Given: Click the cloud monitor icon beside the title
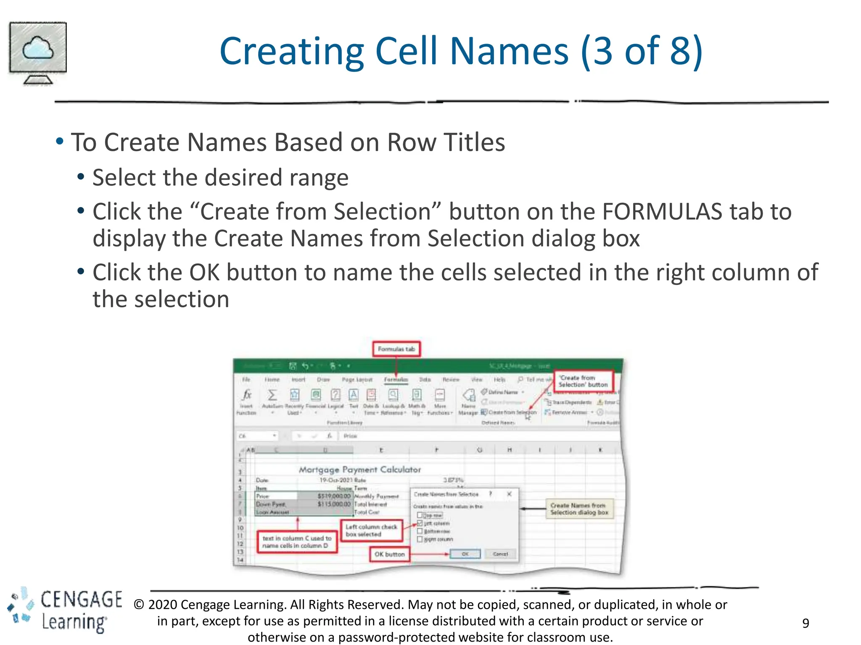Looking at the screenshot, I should point(38,52).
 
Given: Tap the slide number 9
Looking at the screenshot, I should point(806,623).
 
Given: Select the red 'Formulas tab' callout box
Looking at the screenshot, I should point(396,349).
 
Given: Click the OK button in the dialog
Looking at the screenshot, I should point(465,554).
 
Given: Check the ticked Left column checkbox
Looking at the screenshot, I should point(420,523).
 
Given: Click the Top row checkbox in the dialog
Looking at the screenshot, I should point(420,515).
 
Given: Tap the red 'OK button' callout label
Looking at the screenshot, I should point(390,554).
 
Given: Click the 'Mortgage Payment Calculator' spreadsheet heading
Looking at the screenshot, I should point(359,469).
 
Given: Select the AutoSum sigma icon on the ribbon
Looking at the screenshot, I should point(272,395).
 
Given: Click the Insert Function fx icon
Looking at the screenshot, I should point(247,395).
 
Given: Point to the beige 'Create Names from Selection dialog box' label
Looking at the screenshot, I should point(579,509).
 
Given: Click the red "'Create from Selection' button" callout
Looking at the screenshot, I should point(583,381).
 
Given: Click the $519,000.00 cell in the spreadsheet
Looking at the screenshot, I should point(333,496).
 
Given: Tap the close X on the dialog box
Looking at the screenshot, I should point(509,494).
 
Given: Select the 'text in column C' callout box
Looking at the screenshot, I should point(297,542).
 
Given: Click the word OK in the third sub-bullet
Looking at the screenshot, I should point(204,273).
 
